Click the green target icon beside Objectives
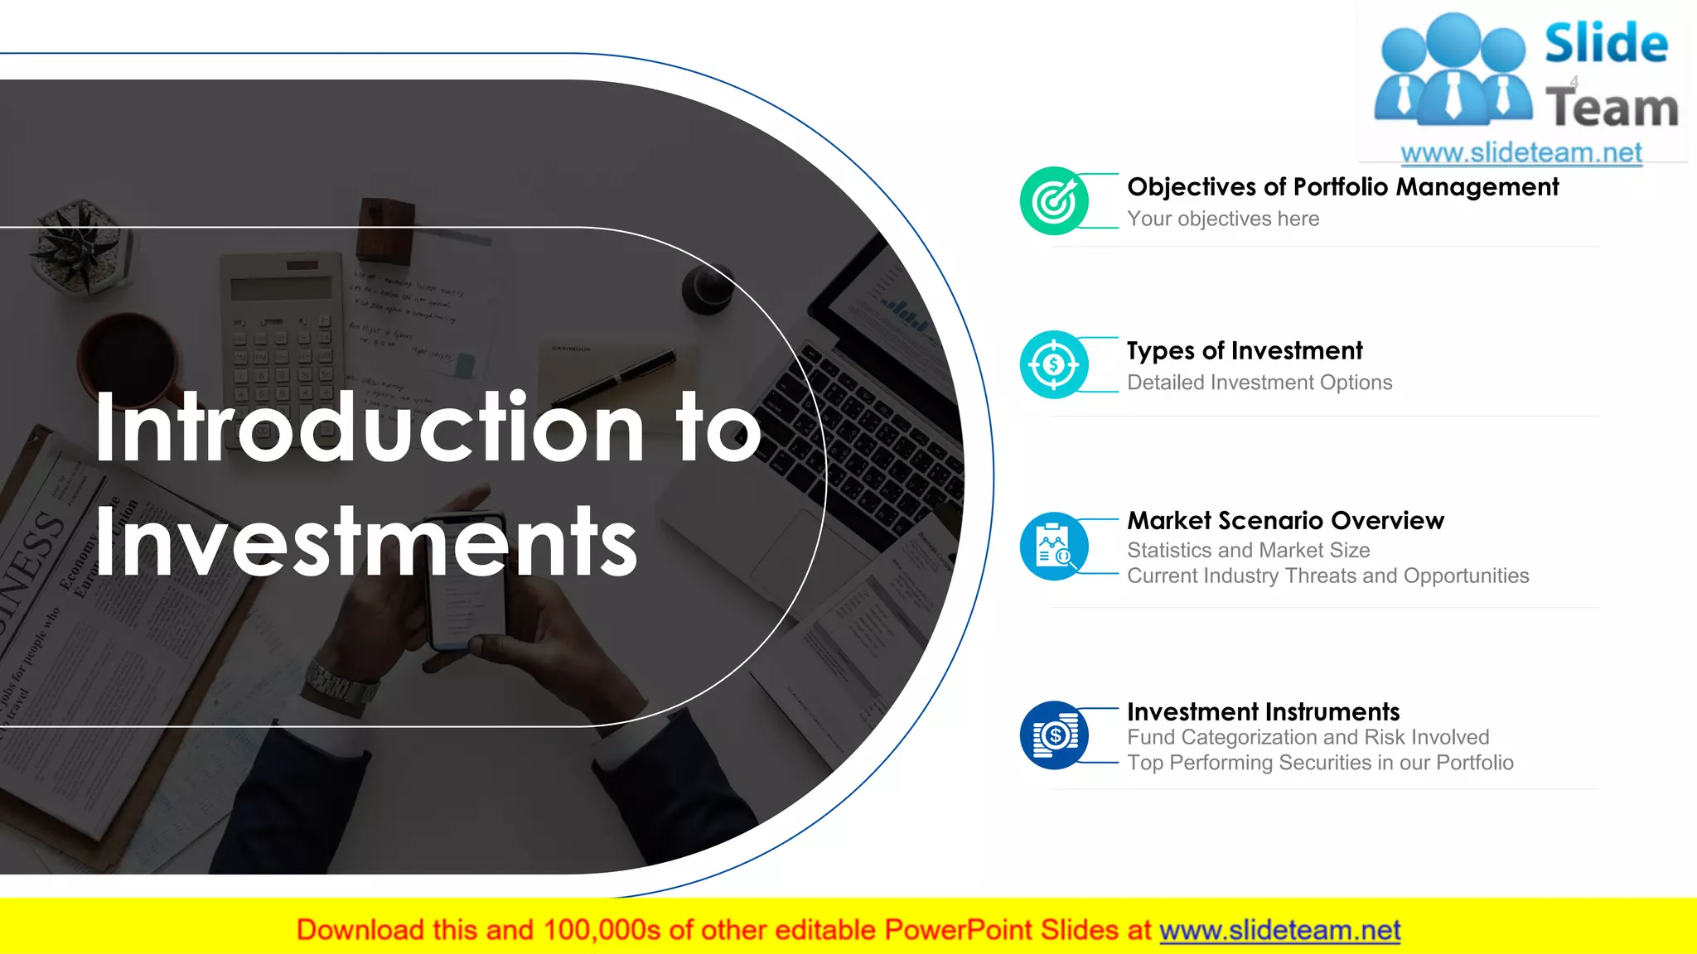pyautogui.click(x=1054, y=201)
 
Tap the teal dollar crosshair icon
pyautogui.click(x=1054, y=364)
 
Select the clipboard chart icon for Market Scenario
pyautogui.click(x=1054, y=546)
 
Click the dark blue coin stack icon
pyautogui.click(x=1054, y=735)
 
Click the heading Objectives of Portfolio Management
pyautogui.click(x=1342, y=187)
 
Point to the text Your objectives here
pyautogui.click(x=1223, y=219)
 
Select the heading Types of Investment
pyautogui.click(x=1245, y=351)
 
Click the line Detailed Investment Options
pyautogui.click(x=1259, y=383)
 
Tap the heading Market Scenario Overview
pyautogui.click(x=1285, y=521)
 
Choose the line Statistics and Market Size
pyautogui.click(x=1248, y=550)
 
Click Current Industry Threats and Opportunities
pyautogui.click(x=1327, y=576)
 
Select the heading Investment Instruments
pyautogui.click(x=1263, y=711)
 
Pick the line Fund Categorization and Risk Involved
pyautogui.click(x=1308, y=737)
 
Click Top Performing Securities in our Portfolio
pyautogui.click(x=1320, y=763)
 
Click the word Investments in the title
pyautogui.click(x=365, y=542)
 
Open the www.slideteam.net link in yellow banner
pyautogui.click(x=1279, y=931)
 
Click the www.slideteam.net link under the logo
pyautogui.click(x=1521, y=152)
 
